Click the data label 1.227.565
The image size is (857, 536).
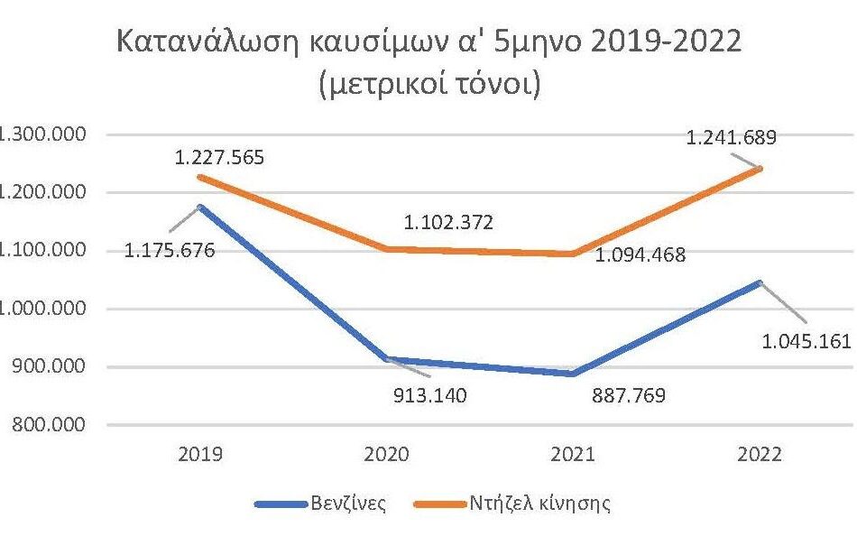(221, 158)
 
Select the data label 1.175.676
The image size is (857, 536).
(171, 251)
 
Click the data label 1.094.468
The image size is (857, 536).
(640, 255)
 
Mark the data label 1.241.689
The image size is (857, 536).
(732, 138)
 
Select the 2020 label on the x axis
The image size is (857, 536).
(387, 454)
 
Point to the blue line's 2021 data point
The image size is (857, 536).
(572, 374)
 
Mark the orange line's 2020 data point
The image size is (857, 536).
(387, 249)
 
